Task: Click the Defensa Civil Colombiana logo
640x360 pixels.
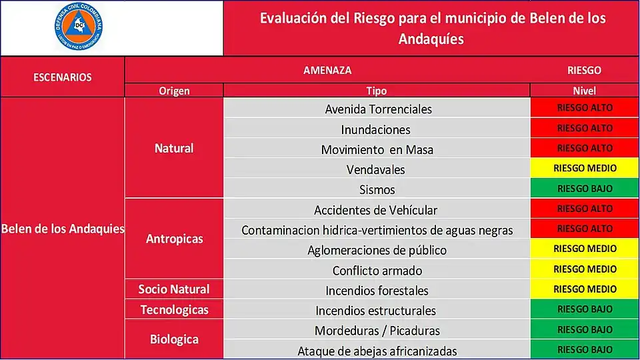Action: [79, 28]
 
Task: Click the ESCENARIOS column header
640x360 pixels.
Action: [63, 77]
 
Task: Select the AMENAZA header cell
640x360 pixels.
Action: [327, 70]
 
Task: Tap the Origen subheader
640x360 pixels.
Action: [174, 91]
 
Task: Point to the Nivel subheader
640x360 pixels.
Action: [584, 91]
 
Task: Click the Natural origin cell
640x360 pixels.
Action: [174, 148]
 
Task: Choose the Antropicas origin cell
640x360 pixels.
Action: [174, 238]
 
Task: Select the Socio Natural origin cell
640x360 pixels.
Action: [174, 289]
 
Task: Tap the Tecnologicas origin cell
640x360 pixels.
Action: [174, 309]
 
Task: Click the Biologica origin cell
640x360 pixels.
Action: [174, 339]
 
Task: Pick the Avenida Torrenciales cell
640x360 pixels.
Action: [378, 109]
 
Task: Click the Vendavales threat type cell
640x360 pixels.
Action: [376, 169]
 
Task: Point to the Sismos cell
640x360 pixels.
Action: [377, 189]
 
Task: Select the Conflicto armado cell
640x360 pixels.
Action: [377, 271]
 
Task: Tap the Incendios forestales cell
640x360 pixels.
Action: [377, 291]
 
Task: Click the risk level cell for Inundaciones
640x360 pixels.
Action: [585, 128]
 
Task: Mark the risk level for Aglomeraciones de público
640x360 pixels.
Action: [585, 249]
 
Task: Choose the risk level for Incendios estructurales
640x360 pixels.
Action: [585, 309]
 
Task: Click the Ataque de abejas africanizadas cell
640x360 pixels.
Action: [377, 351]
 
